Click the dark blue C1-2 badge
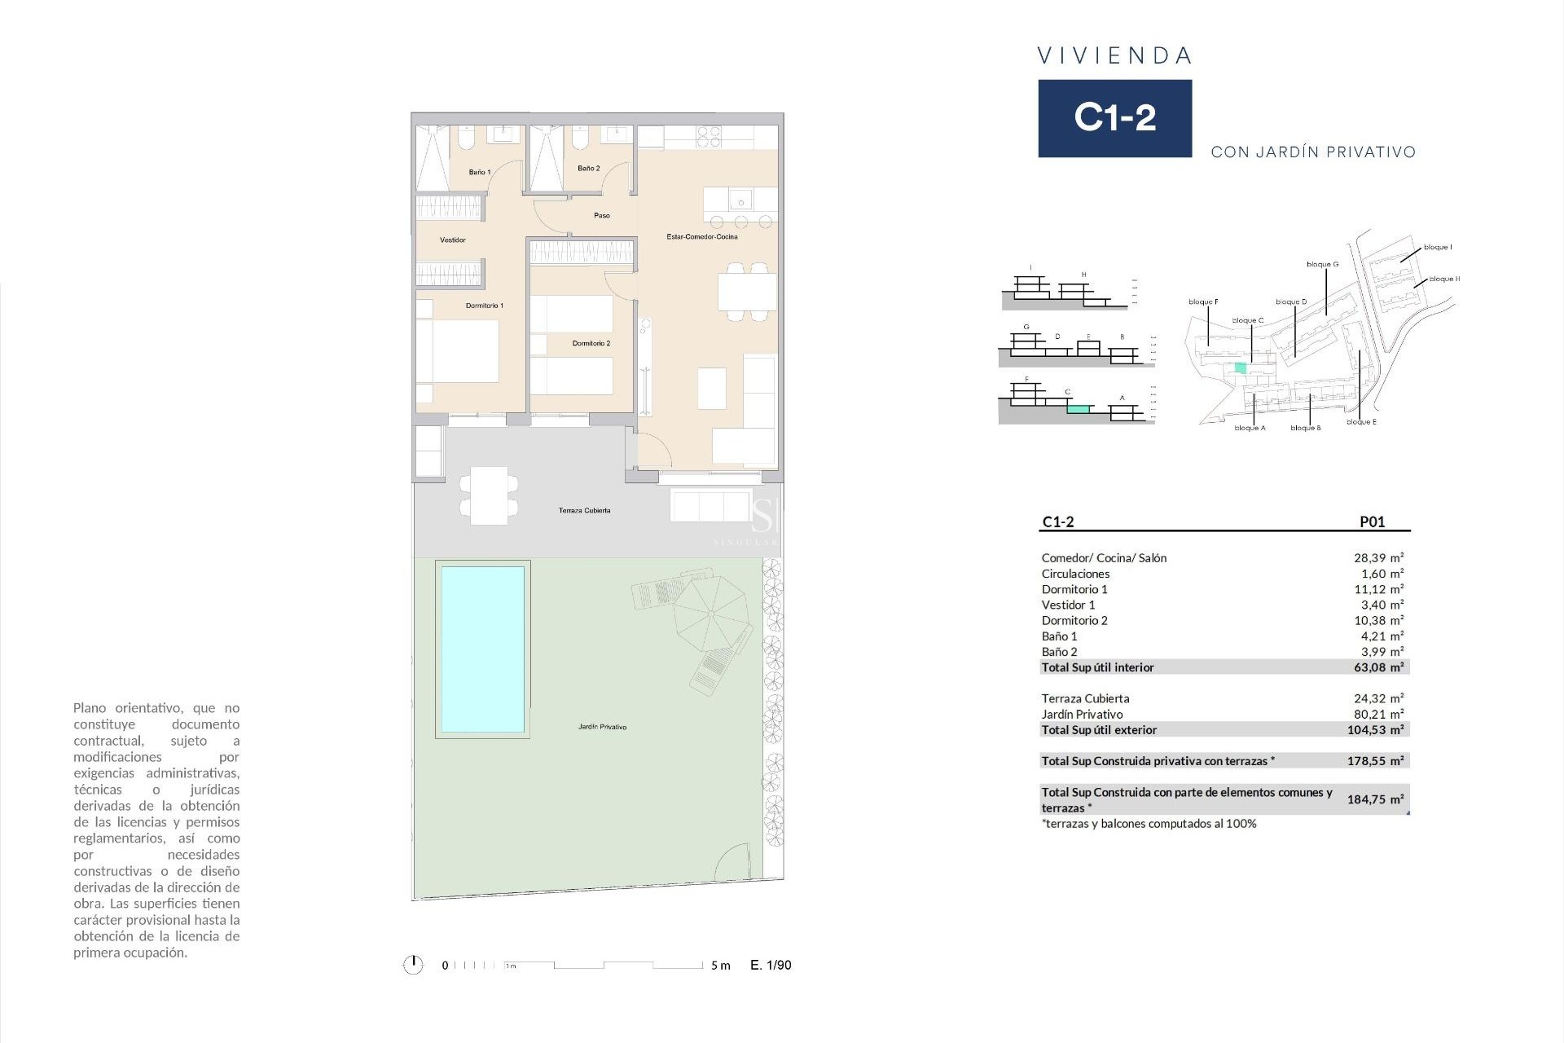pos(1114,118)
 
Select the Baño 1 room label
pos(479,172)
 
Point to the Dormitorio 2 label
pos(591,343)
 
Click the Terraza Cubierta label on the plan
pos(584,511)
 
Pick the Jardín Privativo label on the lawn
pos(602,727)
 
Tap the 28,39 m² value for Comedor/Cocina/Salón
pos(1378,558)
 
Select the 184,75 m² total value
pos(1375,799)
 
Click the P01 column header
pos(1372,522)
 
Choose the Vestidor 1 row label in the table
pos(1068,605)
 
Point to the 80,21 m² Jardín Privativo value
pos(1378,714)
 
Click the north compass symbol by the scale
pos(413,965)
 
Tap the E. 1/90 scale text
pos(771,965)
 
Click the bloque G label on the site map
pos(1322,264)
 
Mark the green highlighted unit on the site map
pos(1240,367)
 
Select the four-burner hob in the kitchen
pos(709,136)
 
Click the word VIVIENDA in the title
pos(1114,55)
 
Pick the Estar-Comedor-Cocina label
pos(701,237)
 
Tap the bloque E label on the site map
pos(1361,422)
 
